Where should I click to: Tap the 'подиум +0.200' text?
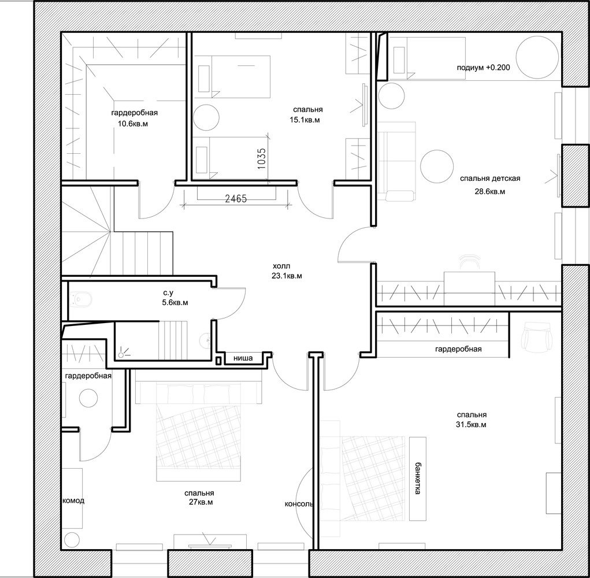[483, 68]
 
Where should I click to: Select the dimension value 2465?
[236, 198]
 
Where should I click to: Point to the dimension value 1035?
[262, 158]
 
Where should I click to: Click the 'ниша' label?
[243, 358]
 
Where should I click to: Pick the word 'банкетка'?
[417, 477]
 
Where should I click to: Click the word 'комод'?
[73, 501]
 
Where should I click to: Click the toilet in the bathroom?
[80, 299]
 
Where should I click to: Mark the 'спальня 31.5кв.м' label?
[472, 420]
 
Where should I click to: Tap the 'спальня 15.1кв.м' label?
[308, 114]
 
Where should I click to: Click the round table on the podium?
[537, 57]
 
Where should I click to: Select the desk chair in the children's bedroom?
[470, 262]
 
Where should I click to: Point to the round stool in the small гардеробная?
[89, 398]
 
